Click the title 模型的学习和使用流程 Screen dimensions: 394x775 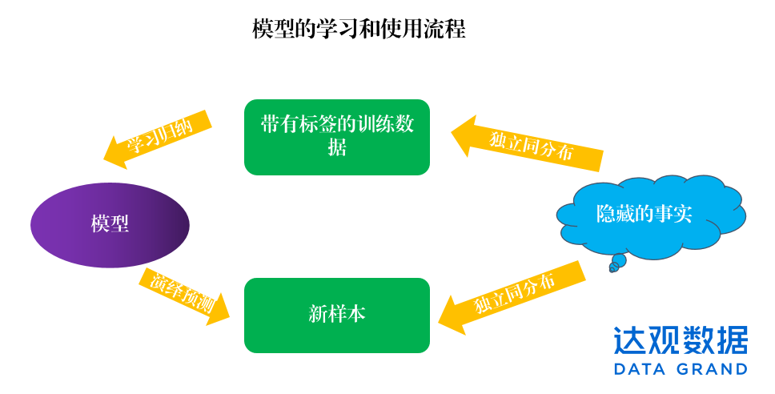[x=359, y=30]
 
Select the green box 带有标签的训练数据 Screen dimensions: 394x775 [x=337, y=137]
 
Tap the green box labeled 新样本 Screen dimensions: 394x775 [x=337, y=315]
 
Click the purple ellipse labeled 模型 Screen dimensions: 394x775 [x=110, y=224]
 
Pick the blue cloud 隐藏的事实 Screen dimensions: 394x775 [x=649, y=215]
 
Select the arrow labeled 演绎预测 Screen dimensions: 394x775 [x=183, y=295]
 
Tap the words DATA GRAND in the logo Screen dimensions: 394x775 [x=681, y=369]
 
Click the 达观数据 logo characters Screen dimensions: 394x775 [x=681, y=340]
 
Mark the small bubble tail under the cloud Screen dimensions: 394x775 [x=616, y=263]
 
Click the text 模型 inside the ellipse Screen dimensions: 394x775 [x=110, y=224]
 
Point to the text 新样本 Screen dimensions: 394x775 [x=337, y=314]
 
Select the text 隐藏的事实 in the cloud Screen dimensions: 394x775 [x=644, y=214]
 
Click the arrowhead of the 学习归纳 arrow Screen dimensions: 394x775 [x=116, y=153]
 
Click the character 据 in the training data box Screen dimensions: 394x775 [x=337, y=149]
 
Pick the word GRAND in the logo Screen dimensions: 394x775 [x=710, y=369]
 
